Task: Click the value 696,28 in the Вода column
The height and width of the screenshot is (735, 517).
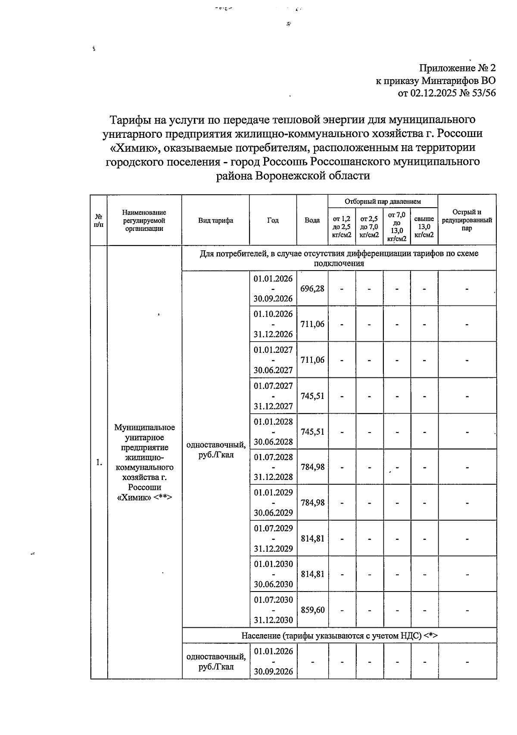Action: click(312, 289)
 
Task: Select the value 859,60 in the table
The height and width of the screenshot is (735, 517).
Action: click(312, 610)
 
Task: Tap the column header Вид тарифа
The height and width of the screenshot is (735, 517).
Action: click(215, 220)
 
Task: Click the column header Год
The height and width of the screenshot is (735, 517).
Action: click(273, 220)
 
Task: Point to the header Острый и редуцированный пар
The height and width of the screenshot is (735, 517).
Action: click(467, 220)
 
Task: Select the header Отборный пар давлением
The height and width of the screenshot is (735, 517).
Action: click(383, 201)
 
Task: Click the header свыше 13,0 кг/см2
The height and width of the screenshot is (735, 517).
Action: click(424, 227)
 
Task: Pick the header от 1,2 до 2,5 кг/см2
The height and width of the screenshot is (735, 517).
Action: click(342, 227)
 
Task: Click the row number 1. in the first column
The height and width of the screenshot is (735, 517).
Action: click(99, 462)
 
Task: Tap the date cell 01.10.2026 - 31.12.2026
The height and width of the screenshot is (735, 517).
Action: click(273, 324)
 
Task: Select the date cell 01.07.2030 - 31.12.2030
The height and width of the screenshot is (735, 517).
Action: click(273, 610)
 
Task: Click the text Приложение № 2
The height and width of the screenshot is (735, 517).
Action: click(458, 68)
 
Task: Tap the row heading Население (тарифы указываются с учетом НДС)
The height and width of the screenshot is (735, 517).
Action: click(339, 635)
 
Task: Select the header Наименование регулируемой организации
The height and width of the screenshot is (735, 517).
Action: click(144, 220)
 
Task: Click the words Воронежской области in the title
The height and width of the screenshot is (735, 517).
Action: click(313, 176)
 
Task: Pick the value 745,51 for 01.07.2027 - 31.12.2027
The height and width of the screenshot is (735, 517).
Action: click(312, 396)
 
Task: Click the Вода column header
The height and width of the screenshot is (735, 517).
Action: click(312, 220)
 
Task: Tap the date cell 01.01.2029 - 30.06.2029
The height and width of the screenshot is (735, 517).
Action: click(273, 502)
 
